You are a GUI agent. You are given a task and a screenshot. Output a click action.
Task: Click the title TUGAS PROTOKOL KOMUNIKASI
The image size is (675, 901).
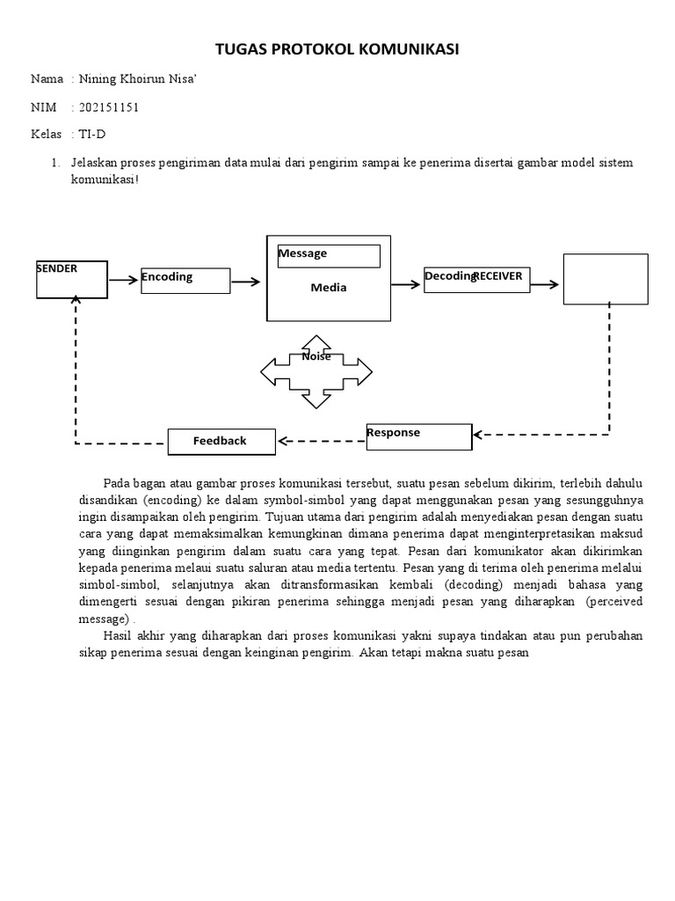(337, 49)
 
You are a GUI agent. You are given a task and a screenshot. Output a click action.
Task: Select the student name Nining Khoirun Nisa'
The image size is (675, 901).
(139, 79)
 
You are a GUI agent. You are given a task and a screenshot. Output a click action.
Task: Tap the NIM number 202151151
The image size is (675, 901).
(109, 107)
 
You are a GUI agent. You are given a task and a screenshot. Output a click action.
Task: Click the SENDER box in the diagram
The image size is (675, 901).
(72, 280)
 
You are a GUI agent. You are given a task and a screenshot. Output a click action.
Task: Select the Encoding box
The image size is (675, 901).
(185, 281)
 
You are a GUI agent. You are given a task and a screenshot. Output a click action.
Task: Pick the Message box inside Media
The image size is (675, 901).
(329, 255)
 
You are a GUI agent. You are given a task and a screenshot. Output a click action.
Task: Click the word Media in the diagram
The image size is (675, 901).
(329, 288)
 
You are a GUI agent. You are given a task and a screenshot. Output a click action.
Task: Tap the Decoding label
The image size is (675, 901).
(449, 276)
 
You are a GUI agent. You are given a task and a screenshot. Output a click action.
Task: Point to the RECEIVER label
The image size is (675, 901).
(498, 276)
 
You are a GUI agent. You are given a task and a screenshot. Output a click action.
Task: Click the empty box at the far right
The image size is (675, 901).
(605, 279)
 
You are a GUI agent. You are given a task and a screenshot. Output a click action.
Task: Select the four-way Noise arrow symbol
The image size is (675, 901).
(316, 371)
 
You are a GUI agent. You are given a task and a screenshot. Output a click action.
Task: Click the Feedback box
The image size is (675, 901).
(221, 441)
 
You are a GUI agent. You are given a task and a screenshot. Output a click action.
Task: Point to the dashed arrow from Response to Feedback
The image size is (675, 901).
(322, 440)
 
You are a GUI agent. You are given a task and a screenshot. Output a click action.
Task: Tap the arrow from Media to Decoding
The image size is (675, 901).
(406, 284)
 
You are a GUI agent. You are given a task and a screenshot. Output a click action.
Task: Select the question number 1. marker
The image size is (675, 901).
(55, 164)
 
